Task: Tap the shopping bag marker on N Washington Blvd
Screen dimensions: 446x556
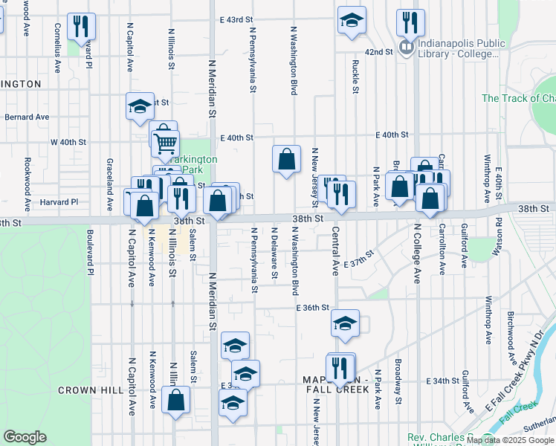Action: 286,159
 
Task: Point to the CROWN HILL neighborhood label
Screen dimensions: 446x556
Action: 84,390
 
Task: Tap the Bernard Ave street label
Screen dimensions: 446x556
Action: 27,117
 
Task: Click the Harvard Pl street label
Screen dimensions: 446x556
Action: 59,201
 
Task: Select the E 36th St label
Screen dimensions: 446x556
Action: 312,307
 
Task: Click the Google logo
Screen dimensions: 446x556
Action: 25,437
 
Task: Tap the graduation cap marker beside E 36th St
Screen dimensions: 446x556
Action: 345,323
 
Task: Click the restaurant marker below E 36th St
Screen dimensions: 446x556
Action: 340,367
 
